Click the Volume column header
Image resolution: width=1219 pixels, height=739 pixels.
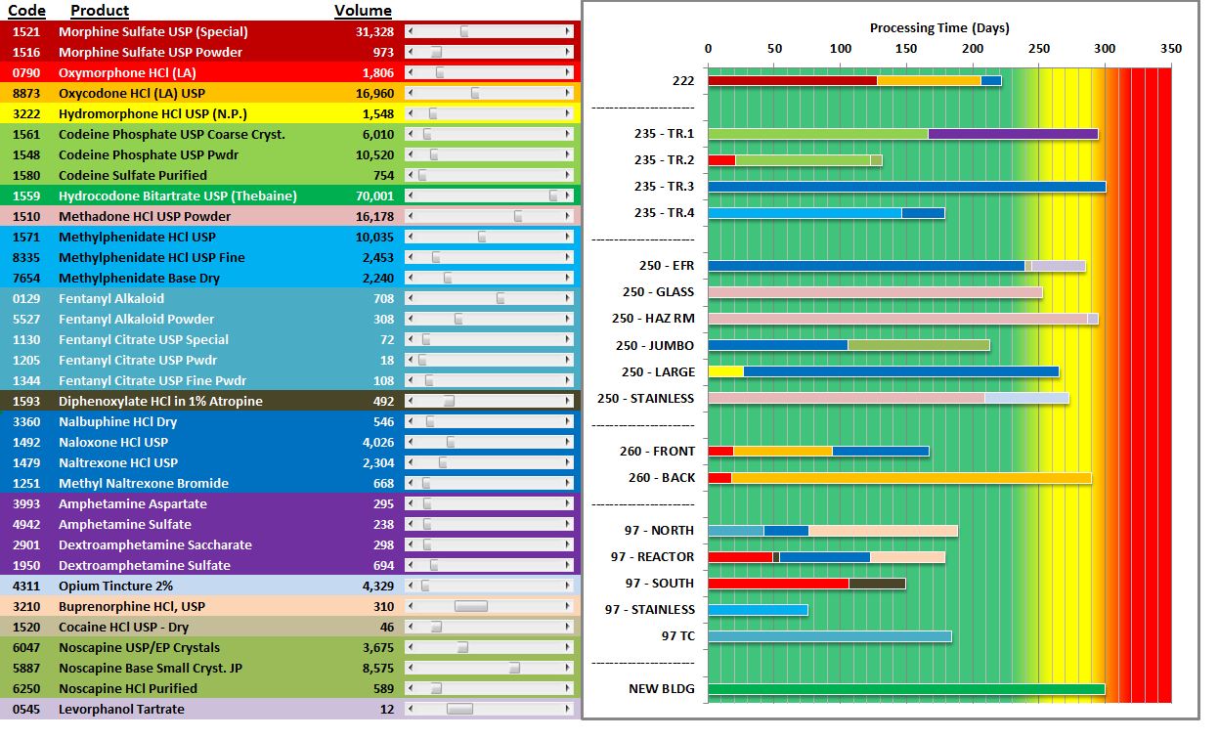click(363, 11)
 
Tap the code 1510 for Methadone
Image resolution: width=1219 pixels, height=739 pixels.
click(26, 216)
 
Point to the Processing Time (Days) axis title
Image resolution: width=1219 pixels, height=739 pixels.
click(939, 27)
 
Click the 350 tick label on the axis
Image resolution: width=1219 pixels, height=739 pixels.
click(1170, 49)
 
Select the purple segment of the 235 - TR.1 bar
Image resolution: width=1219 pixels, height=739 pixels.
click(1013, 134)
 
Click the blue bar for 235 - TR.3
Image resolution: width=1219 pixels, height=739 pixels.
click(906, 187)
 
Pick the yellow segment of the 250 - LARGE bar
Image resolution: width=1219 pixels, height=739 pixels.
click(725, 371)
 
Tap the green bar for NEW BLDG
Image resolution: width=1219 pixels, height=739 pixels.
click(906, 689)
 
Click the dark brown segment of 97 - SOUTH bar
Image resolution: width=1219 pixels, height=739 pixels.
click(877, 584)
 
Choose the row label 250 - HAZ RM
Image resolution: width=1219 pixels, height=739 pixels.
click(653, 319)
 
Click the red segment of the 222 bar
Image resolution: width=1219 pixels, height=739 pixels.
click(792, 81)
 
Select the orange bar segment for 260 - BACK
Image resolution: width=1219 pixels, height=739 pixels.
click(911, 478)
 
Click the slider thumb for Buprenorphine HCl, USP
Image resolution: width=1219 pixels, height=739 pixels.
click(470, 606)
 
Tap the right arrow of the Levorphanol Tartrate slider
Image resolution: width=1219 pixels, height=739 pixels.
click(568, 709)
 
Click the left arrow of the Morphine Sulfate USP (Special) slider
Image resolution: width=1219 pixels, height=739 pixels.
click(410, 31)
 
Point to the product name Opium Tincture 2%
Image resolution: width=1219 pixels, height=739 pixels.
click(115, 586)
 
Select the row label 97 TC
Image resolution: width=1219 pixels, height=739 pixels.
click(677, 636)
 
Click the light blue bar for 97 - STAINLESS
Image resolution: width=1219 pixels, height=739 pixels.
click(758, 610)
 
